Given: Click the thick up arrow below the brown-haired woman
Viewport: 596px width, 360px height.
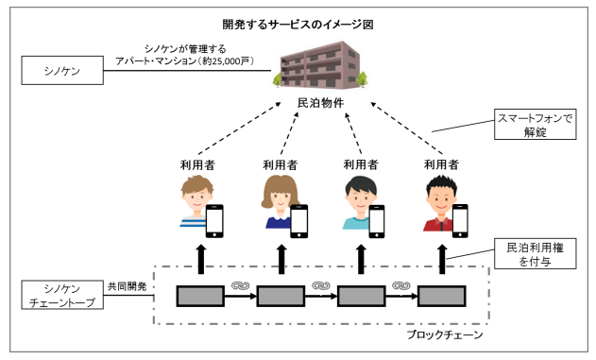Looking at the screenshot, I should point(281,257).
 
